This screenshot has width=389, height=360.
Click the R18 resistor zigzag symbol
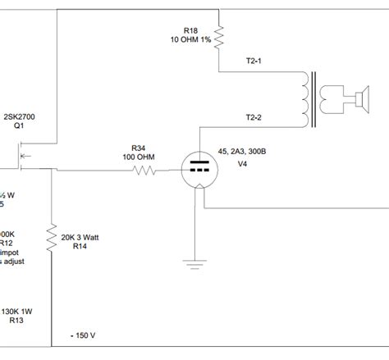click(220, 32)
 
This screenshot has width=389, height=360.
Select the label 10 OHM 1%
click(190, 39)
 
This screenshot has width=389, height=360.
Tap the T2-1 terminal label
click(255, 61)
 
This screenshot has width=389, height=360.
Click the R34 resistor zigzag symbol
click(145, 171)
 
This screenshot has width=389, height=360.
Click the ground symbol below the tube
click(194, 263)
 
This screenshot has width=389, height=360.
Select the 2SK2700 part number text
click(19, 117)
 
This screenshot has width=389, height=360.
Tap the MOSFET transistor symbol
click(23, 155)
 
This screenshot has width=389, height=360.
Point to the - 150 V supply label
click(82, 335)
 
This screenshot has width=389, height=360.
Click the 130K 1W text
click(19, 312)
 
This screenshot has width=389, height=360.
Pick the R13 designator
click(16, 321)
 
